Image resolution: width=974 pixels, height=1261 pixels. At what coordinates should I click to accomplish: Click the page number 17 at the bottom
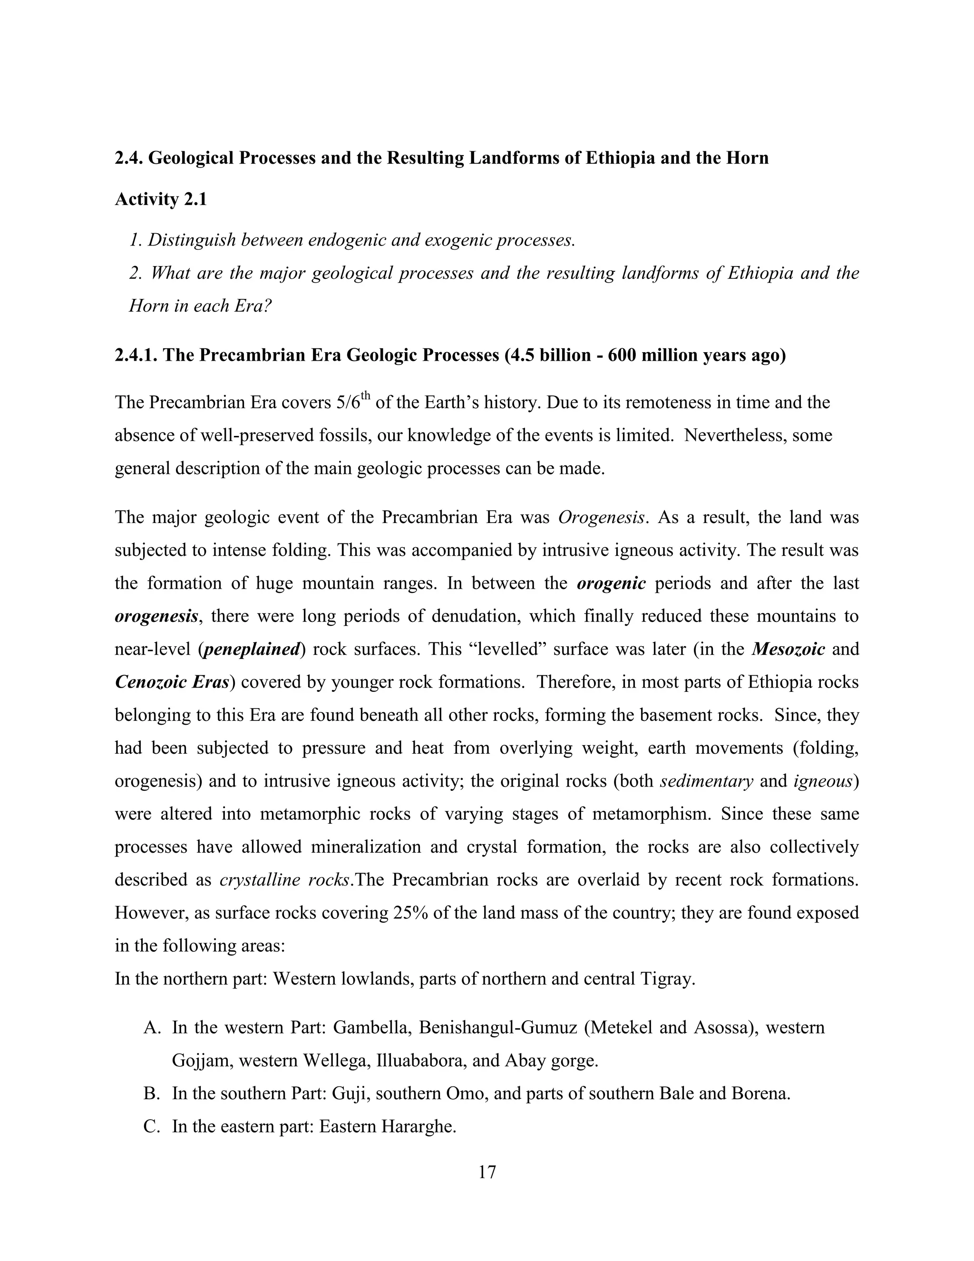coord(487,1172)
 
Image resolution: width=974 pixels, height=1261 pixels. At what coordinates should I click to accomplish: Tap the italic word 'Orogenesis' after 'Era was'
coord(601,517)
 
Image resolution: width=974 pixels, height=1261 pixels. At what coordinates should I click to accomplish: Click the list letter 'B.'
coord(151,1094)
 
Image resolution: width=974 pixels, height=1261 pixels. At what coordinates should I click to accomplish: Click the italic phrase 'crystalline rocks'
coord(285,880)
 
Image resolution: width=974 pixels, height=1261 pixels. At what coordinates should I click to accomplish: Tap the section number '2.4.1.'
coord(136,355)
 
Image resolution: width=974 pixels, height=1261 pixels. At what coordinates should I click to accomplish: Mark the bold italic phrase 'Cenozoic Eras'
coord(172,682)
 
